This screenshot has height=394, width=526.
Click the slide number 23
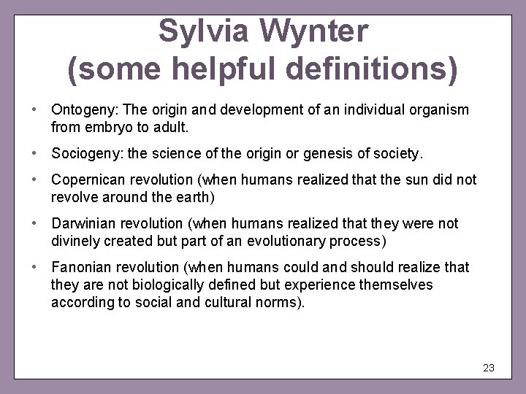coord(489,368)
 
